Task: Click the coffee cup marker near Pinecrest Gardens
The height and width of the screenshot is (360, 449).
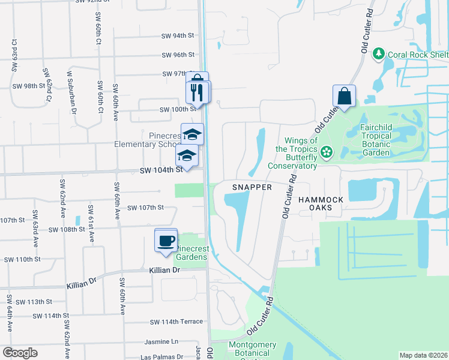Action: pos(166,241)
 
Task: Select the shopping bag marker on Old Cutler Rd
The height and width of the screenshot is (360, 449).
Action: pos(345,96)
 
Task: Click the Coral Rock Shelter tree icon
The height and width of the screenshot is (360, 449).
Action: pos(379,55)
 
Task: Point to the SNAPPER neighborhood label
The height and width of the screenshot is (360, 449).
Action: pos(253,187)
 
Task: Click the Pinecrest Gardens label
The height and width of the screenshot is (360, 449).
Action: pos(191,253)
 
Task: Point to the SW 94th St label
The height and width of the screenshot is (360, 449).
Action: pos(178,36)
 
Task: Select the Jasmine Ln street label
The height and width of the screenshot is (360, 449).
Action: pos(162,341)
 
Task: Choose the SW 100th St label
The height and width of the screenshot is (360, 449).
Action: pos(178,110)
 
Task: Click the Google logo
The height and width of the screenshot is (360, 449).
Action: pos(20,353)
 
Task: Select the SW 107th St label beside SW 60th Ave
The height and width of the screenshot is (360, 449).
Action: pos(144,208)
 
